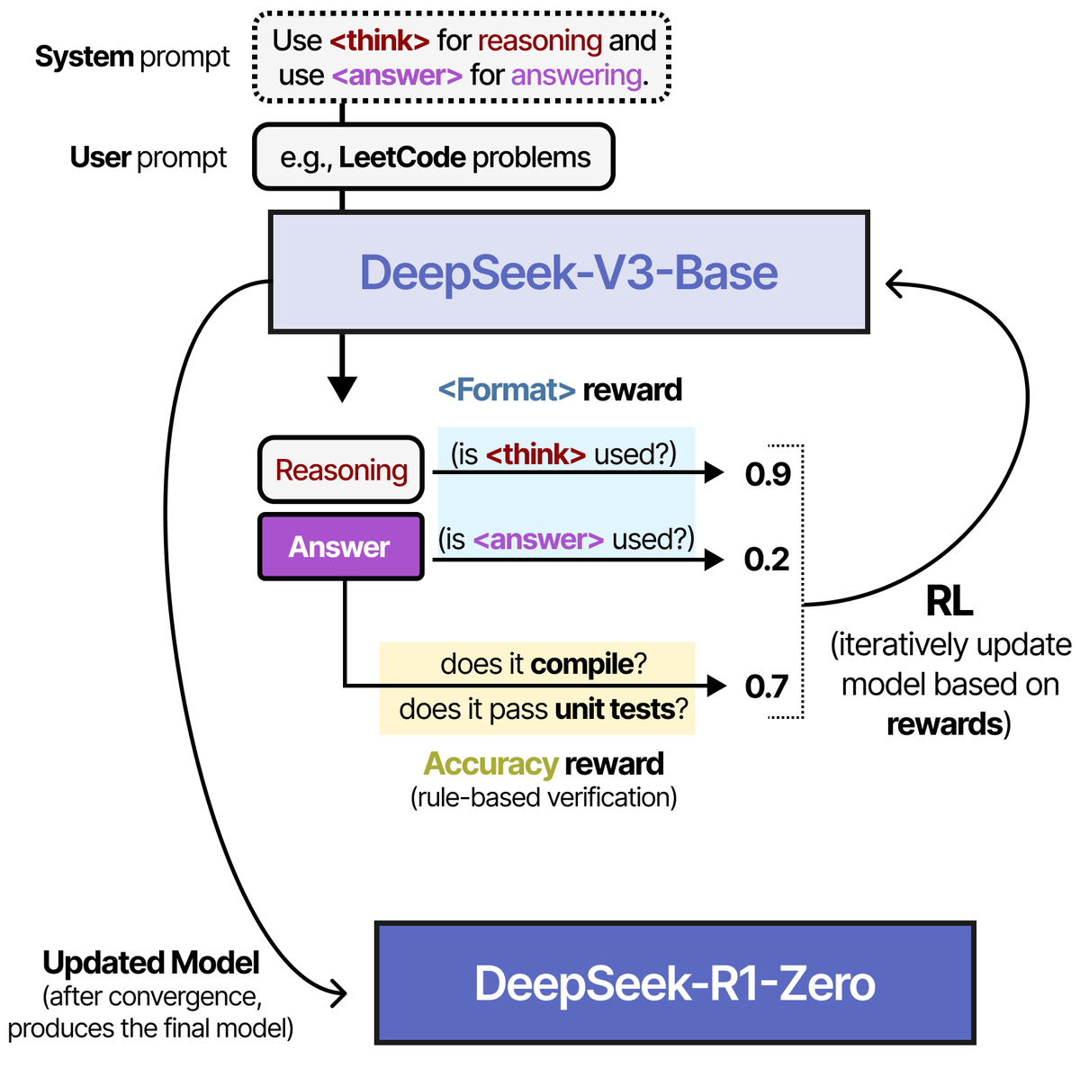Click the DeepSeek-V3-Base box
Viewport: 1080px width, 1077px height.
tap(569, 273)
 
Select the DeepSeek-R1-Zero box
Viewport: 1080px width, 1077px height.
tap(675, 983)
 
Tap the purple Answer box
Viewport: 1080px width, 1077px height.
tap(341, 546)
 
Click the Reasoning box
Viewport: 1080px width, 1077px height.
tap(341, 470)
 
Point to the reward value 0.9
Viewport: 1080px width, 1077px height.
tap(768, 474)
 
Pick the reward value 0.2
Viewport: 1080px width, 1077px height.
tap(767, 560)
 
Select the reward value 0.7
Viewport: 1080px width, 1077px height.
tap(766, 687)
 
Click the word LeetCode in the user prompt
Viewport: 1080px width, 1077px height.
tap(401, 157)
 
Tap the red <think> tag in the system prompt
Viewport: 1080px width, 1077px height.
tap(380, 40)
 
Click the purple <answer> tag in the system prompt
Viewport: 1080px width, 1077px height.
tap(397, 76)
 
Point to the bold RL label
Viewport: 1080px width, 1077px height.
tap(949, 602)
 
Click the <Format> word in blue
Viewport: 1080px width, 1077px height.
tap(507, 390)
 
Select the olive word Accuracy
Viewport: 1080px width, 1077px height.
tap(491, 764)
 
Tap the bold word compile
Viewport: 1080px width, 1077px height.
tap(581, 665)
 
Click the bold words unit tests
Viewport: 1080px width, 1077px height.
tap(615, 709)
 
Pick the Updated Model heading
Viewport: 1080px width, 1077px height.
tap(151, 963)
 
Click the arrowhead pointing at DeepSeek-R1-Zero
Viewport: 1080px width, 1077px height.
tap(339, 993)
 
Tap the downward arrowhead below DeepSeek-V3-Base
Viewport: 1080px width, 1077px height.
tap(342, 390)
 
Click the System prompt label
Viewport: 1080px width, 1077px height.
tap(132, 58)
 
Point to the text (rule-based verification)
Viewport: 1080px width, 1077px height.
tap(544, 797)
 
